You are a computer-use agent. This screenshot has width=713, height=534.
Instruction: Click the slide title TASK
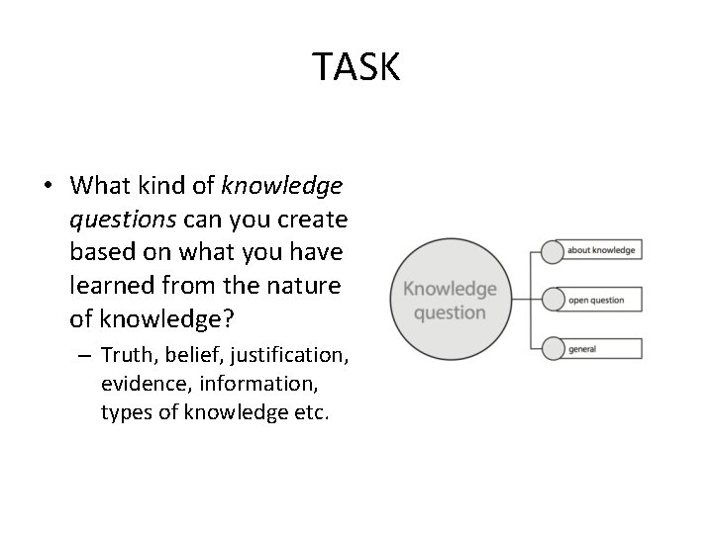tap(356, 67)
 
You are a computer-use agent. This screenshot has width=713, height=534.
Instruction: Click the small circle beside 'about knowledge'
tap(552, 251)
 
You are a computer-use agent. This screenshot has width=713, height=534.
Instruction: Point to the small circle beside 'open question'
tap(552, 300)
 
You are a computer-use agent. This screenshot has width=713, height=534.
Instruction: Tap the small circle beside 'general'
tap(552, 348)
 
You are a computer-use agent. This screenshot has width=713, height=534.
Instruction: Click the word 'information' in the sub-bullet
tap(249, 384)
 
